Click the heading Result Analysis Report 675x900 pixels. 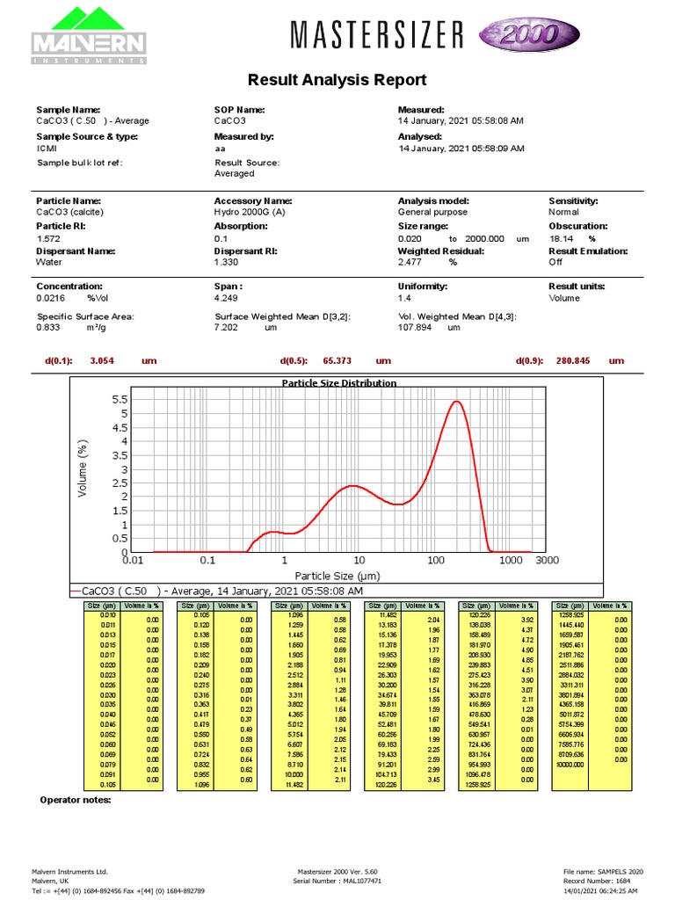coord(337,80)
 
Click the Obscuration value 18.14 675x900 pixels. coord(562,238)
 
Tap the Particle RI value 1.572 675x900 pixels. coord(47,238)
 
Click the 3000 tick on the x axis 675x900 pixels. coord(547,560)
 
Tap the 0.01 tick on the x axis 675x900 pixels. coord(132,560)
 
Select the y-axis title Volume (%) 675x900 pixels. coord(84,468)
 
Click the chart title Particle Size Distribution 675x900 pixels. coord(338,383)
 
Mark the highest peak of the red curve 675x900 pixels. coord(456,402)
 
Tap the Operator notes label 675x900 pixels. coord(76,800)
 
